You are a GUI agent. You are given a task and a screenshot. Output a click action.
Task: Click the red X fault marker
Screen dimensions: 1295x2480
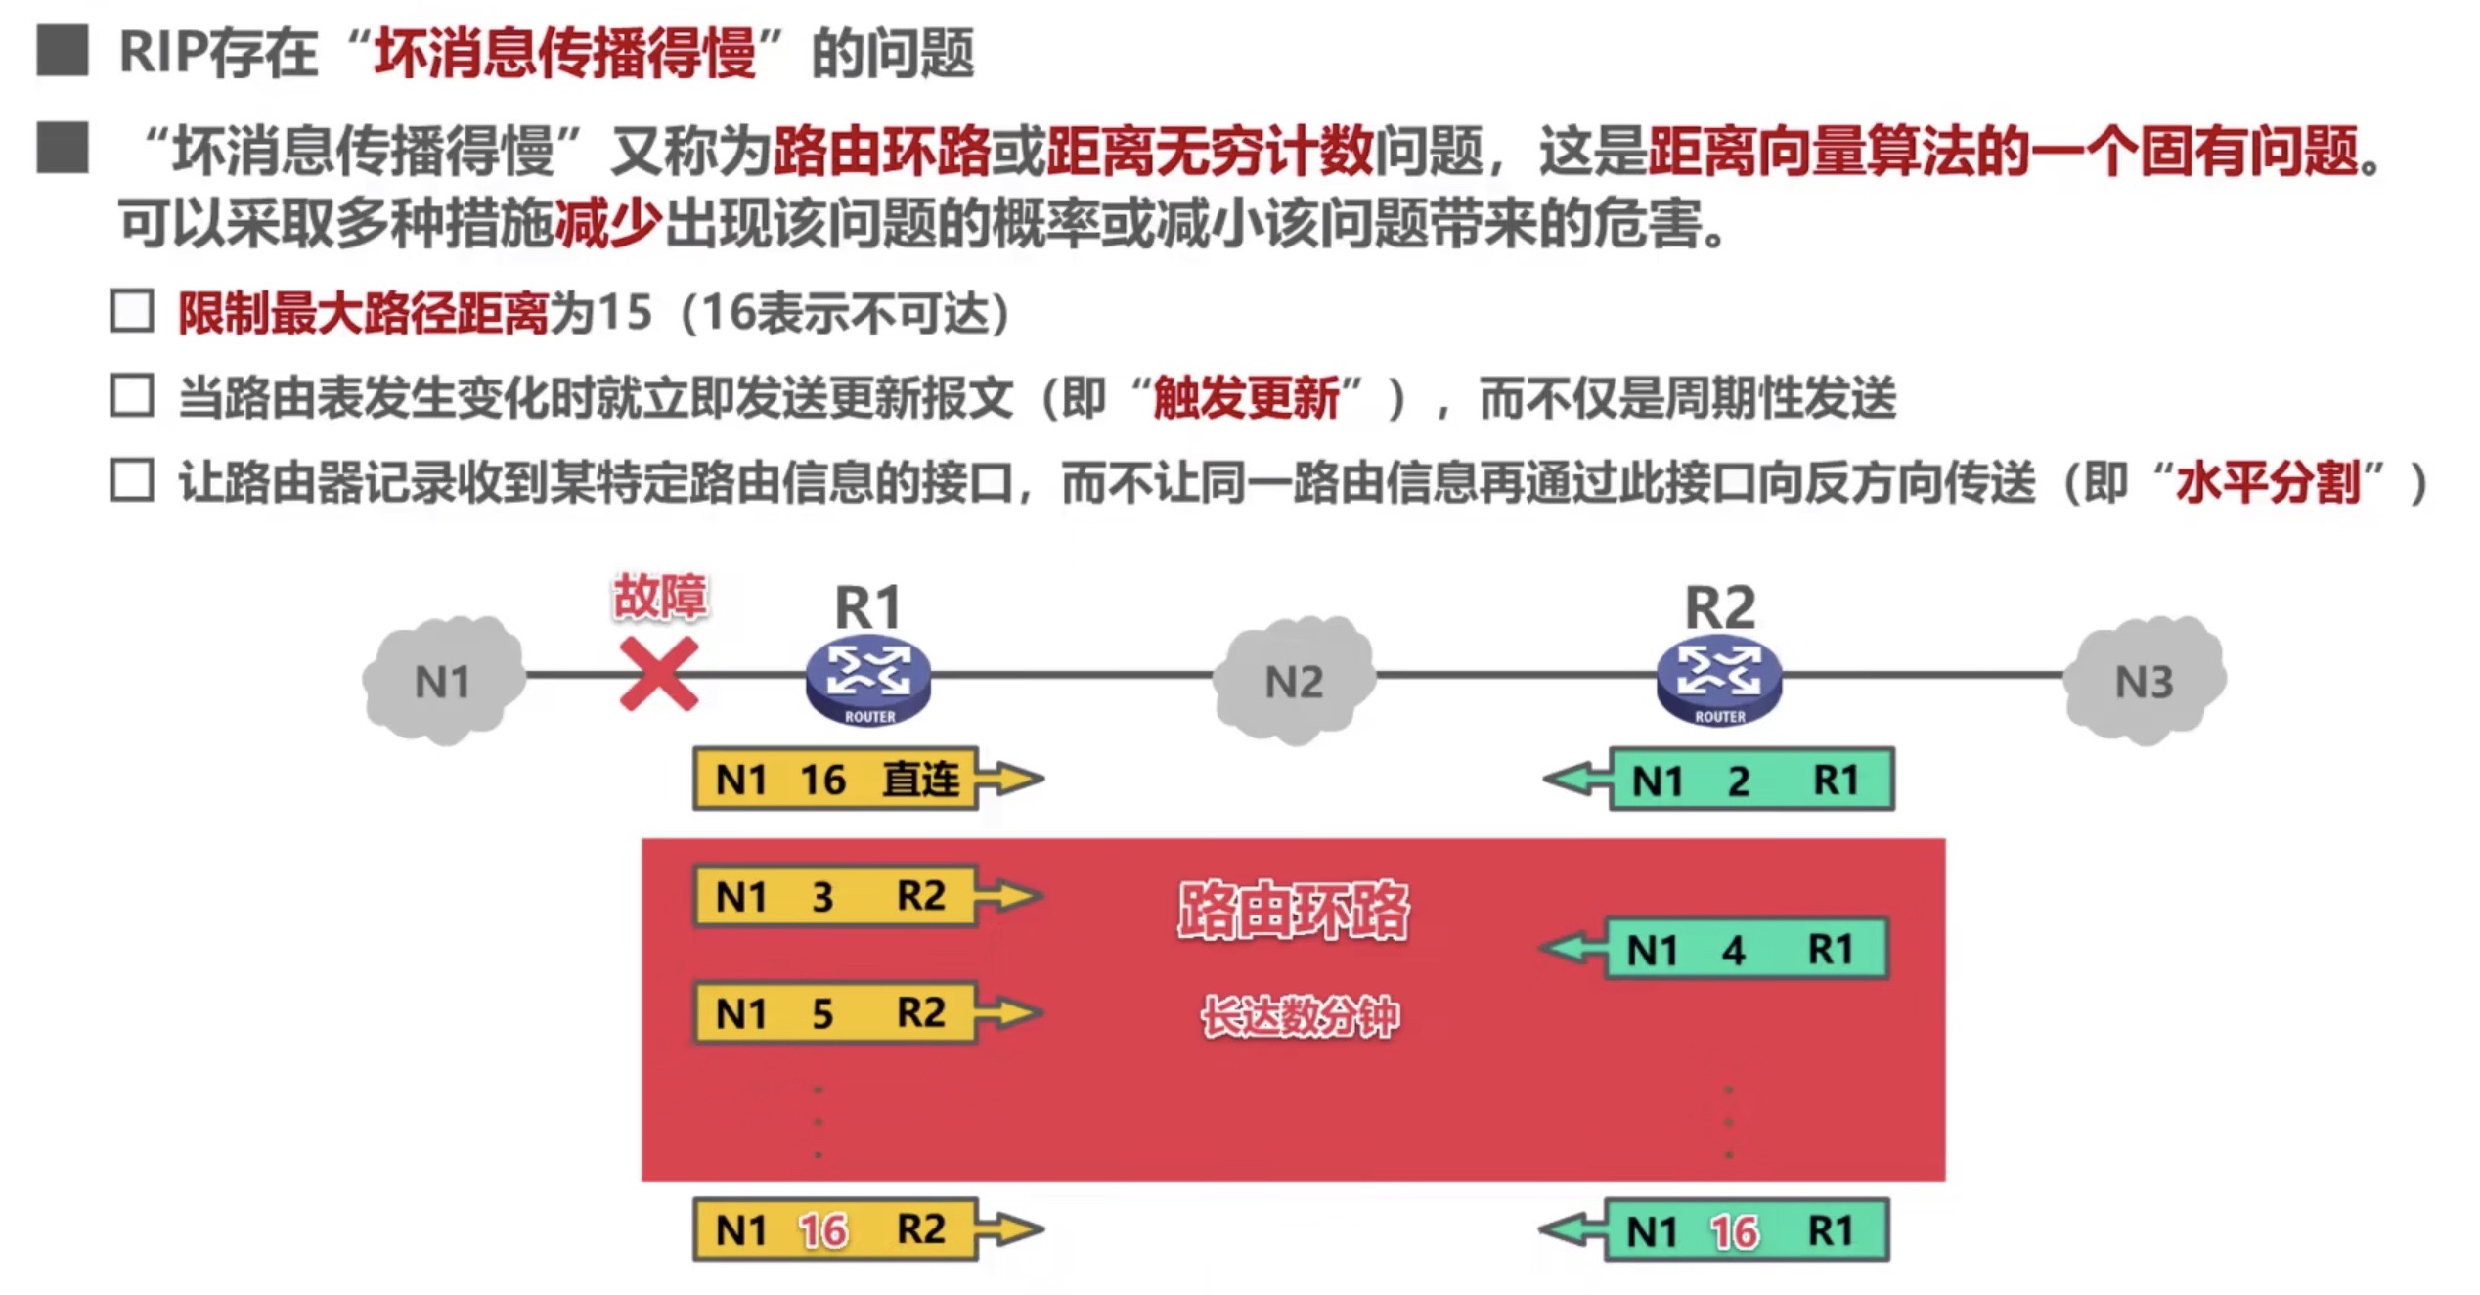pyautogui.click(x=659, y=674)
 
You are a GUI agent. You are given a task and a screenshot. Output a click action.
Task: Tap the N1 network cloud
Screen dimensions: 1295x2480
pyautogui.click(x=443, y=680)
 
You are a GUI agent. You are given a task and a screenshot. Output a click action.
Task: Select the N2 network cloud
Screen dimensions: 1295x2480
pyautogui.click(x=1294, y=680)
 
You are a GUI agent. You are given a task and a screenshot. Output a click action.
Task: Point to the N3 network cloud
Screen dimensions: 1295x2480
pyautogui.click(x=2144, y=680)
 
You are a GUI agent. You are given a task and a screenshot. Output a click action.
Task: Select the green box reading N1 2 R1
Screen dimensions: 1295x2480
pyautogui.click(x=1750, y=780)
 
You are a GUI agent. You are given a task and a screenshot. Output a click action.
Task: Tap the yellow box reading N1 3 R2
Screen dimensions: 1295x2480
pyautogui.click(x=834, y=895)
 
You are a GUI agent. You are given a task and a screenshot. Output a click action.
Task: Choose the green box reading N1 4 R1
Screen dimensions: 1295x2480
pyautogui.click(x=1747, y=949)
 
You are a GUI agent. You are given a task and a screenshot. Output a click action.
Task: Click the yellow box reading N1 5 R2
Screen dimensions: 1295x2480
pyautogui.click(x=834, y=1012)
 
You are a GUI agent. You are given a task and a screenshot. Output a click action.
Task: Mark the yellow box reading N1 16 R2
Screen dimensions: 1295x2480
pyautogui.click(x=834, y=1229)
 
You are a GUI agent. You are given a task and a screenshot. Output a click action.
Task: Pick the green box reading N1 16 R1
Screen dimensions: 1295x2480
pyautogui.click(x=1747, y=1230)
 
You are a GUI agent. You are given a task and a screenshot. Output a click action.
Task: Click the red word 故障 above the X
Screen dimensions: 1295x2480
pyautogui.click(x=659, y=597)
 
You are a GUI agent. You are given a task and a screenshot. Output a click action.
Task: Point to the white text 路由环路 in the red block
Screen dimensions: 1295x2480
pyautogui.click(x=1293, y=911)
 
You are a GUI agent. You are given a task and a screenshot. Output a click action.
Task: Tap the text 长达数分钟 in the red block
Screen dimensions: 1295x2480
pyautogui.click(x=1300, y=1017)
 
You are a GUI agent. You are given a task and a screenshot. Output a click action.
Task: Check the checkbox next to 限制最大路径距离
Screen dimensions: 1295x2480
pyautogui.click(x=132, y=312)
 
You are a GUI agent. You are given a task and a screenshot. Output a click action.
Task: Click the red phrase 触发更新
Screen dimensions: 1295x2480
pyautogui.click(x=1246, y=398)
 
